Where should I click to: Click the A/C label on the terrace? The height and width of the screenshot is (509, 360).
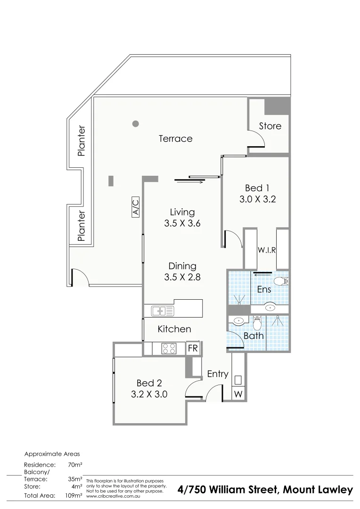(x=135, y=208)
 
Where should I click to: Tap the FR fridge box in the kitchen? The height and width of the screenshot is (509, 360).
(x=193, y=349)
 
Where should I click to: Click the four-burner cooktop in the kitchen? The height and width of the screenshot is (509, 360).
(x=169, y=349)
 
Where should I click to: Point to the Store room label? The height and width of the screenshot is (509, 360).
(x=270, y=126)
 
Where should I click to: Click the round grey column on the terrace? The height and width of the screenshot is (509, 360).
(x=135, y=124)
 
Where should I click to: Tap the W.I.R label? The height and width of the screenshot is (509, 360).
(x=266, y=250)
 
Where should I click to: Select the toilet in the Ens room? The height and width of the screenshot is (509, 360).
(x=282, y=281)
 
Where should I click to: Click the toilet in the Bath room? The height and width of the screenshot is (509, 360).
(x=257, y=324)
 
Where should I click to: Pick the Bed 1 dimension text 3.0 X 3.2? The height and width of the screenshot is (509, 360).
(x=257, y=199)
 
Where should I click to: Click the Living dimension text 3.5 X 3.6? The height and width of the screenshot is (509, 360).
(x=182, y=224)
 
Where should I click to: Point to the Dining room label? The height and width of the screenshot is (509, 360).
(x=182, y=266)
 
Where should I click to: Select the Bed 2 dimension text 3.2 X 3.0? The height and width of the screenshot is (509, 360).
(x=149, y=394)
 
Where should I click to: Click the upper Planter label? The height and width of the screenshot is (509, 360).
(x=82, y=140)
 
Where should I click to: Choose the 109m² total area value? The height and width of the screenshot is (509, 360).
(x=75, y=495)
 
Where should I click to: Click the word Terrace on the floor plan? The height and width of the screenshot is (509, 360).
(x=175, y=139)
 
